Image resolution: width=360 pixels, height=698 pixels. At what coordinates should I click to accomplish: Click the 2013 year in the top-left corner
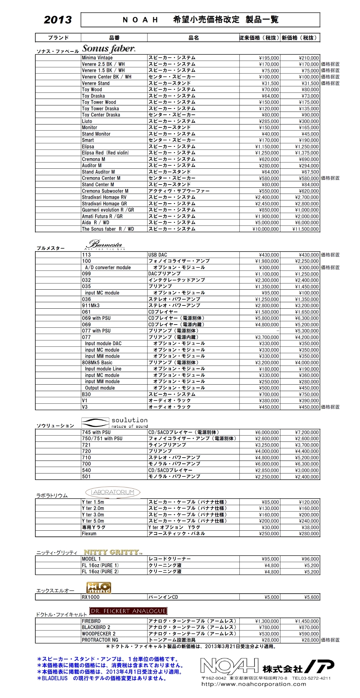coord(58,20)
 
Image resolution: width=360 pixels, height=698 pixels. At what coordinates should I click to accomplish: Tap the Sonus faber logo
coord(109,49)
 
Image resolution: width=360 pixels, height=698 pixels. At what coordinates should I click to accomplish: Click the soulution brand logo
coord(114,422)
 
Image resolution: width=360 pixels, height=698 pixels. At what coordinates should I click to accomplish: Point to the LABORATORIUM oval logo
coord(113,492)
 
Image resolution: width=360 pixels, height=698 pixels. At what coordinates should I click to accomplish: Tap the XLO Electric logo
coord(99,588)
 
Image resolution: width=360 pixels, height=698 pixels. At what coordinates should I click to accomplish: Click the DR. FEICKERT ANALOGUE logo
coord(129,611)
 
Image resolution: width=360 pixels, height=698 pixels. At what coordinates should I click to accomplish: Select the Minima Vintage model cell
coord(97,58)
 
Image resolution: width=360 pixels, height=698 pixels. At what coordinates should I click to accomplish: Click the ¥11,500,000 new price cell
coord(306,229)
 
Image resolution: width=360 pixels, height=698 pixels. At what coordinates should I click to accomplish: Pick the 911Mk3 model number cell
coord(91,305)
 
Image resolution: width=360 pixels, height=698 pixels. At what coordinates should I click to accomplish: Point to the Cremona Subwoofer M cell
coord(105,191)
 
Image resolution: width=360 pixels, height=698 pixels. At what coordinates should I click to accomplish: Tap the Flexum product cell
coord(89,534)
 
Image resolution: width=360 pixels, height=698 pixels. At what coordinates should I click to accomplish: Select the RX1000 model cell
coord(91,597)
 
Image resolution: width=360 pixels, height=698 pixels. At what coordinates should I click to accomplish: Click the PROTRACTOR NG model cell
coord(100,640)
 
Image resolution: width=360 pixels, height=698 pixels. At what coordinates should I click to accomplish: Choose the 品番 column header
coord(114,38)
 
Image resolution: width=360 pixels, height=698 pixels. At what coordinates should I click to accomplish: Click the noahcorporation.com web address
coord(253,684)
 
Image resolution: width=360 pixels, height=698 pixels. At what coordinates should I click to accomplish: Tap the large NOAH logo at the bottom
coord(229,666)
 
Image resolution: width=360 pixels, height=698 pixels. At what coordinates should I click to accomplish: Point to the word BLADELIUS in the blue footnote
coord(55,679)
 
